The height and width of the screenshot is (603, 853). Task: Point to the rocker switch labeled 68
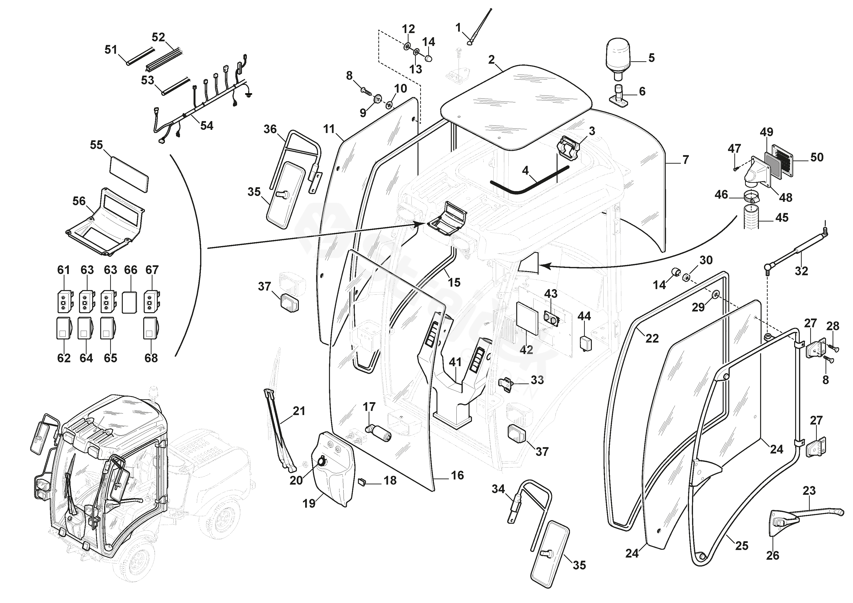click(151, 328)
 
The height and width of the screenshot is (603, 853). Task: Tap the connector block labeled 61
click(64, 302)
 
